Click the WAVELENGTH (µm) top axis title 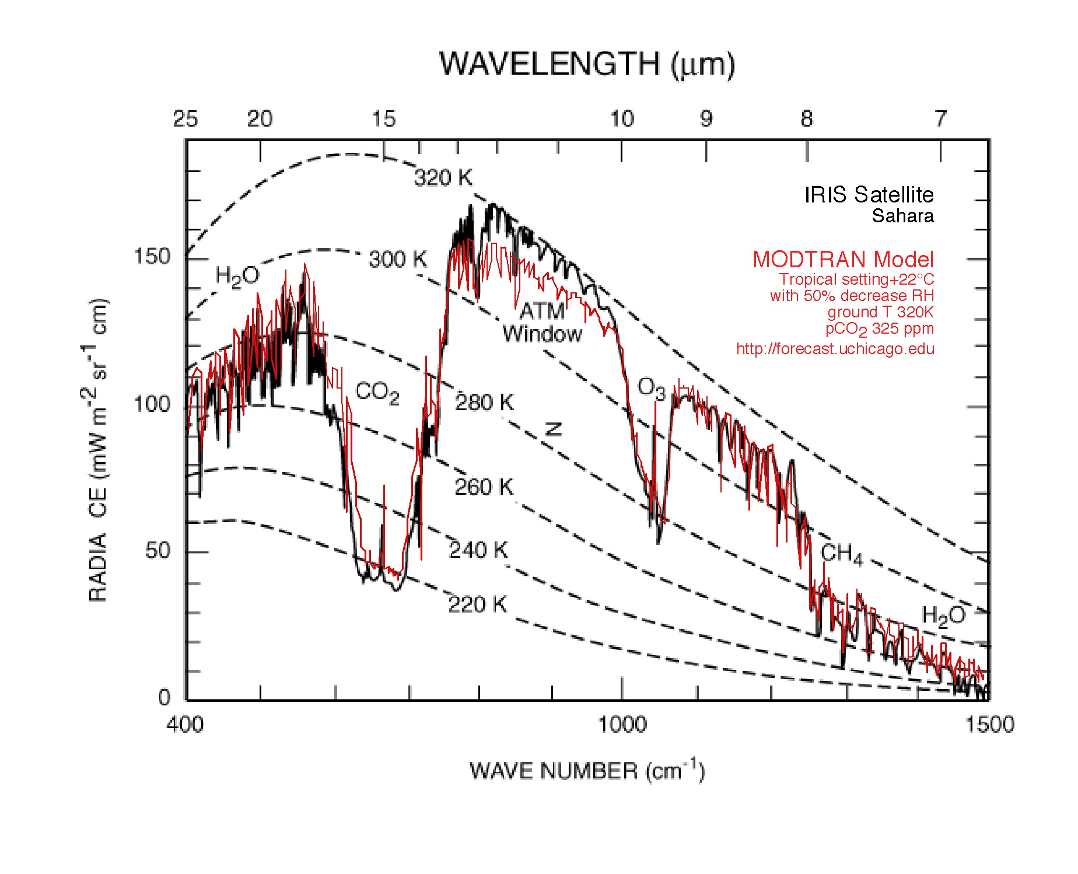tap(587, 64)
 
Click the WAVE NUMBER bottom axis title tap(587, 771)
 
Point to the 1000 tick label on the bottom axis tap(622, 725)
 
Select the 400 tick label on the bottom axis tap(185, 725)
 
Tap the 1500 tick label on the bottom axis tap(990, 725)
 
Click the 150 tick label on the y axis tap(152, 256)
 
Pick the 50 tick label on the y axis tap(157, 550)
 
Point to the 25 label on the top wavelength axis tap(185, 119)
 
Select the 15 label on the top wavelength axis tap(384, 119)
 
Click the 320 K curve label tap(443, 177)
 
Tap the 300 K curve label tap(398, 259)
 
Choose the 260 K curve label tap(484, 487)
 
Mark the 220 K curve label tap(477, 604)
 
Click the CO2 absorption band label tap(377, 392)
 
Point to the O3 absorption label tap(651, 388)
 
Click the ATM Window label tap(542, 322)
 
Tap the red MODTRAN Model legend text tap(843, 259)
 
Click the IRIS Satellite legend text tap(869, 194)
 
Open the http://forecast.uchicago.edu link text tap(835, 349)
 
